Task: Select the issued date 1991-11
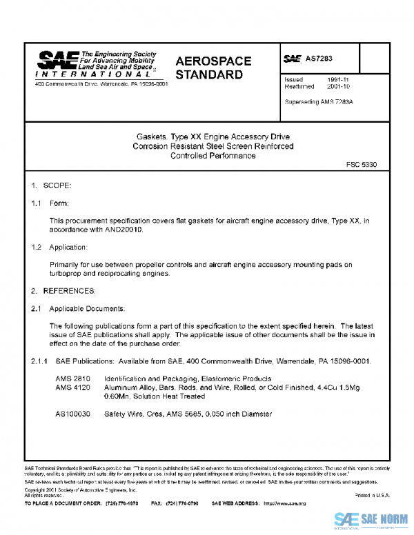(337, 79)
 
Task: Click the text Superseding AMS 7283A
(319, 101)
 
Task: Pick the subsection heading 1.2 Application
(59, 247)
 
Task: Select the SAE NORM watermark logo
(373, 521)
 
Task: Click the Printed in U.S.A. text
(373, 495)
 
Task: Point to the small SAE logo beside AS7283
(293, 59)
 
